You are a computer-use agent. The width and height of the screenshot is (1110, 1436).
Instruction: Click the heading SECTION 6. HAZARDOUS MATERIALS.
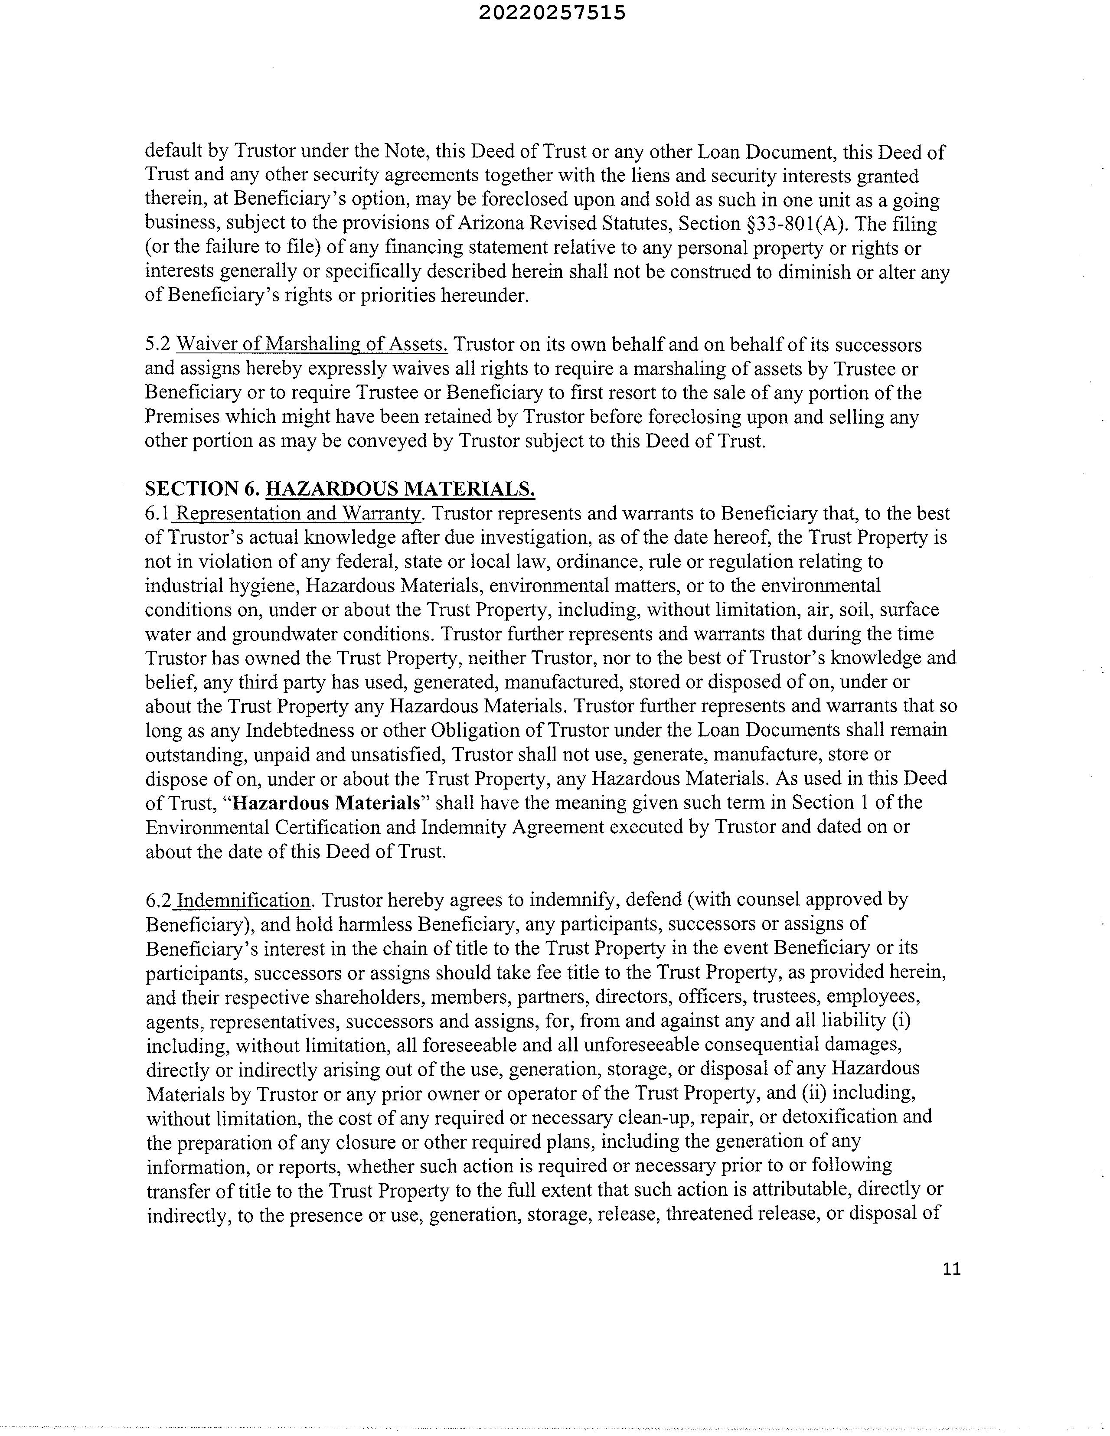point(340,489)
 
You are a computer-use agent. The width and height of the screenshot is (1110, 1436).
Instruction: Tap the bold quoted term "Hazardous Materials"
point(329,803)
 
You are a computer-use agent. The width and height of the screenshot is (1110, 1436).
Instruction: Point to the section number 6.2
point(158,900)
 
